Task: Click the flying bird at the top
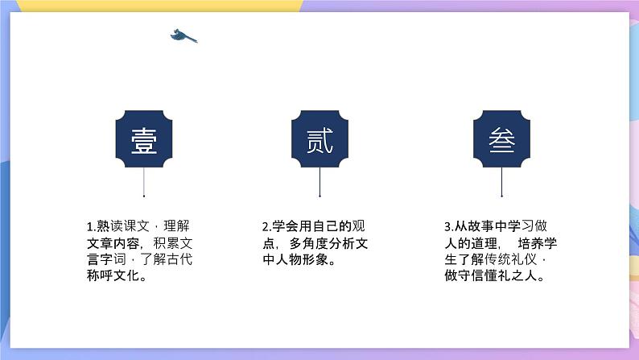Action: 183,36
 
